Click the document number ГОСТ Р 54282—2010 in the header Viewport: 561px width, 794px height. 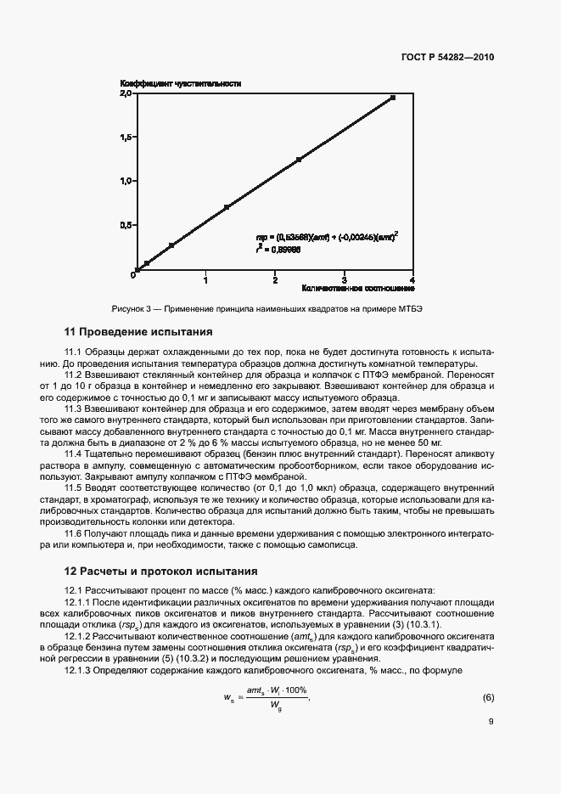coord(447,58)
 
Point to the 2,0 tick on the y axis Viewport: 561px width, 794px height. coord(126,93)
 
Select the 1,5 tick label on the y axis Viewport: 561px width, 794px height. coord(126,138)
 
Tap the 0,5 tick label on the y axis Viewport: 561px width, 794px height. coord(126,226)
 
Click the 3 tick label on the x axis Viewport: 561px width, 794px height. coord(343,279)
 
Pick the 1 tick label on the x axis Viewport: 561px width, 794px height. coord(205,279)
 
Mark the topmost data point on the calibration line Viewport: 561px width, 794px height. coord(393,98)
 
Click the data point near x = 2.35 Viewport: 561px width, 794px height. coord(299,160)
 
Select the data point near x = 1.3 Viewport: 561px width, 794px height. coord(227,207)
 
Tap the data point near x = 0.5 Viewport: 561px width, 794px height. coord(171,245)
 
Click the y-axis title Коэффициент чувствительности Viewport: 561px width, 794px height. coord(181,83)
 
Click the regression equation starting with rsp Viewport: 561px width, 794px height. coord(328,238)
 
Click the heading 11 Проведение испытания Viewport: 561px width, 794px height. coord(139,331)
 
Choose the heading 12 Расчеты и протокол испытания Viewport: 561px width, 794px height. coord(161,571)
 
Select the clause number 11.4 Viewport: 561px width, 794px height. coord(75,453)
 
